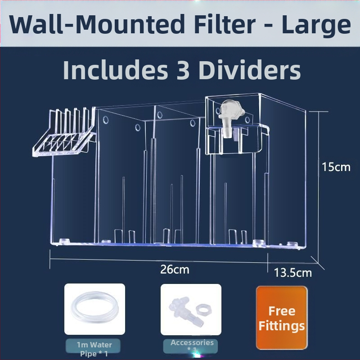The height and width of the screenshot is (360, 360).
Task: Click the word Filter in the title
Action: (224, 24)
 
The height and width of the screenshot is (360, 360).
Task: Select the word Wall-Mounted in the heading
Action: (97, 24)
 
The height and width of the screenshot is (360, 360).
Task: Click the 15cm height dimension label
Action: (336, 167)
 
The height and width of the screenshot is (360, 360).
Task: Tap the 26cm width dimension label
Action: (175, 269)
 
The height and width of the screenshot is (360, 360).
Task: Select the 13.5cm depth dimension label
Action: (293, 273)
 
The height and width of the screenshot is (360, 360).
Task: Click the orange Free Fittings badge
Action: (282, 318)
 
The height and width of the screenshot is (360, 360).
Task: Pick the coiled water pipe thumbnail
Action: (94, 309)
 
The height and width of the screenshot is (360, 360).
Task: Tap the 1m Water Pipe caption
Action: (94, 349)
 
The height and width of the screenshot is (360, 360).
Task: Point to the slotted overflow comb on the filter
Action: (64, 132)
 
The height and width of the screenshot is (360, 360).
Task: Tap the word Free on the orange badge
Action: (282, 311)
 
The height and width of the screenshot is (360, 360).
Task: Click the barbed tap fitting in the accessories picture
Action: (186, 311)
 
